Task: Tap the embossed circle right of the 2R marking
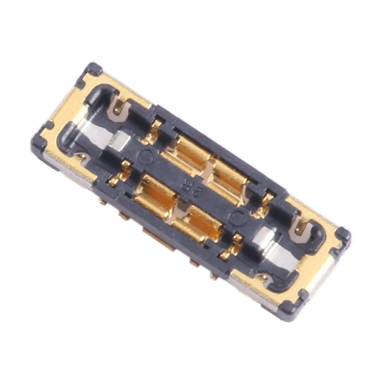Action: pyautogui.click(x=236, y=218)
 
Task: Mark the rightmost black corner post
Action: pyautogui.click(x=343, y=235)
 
